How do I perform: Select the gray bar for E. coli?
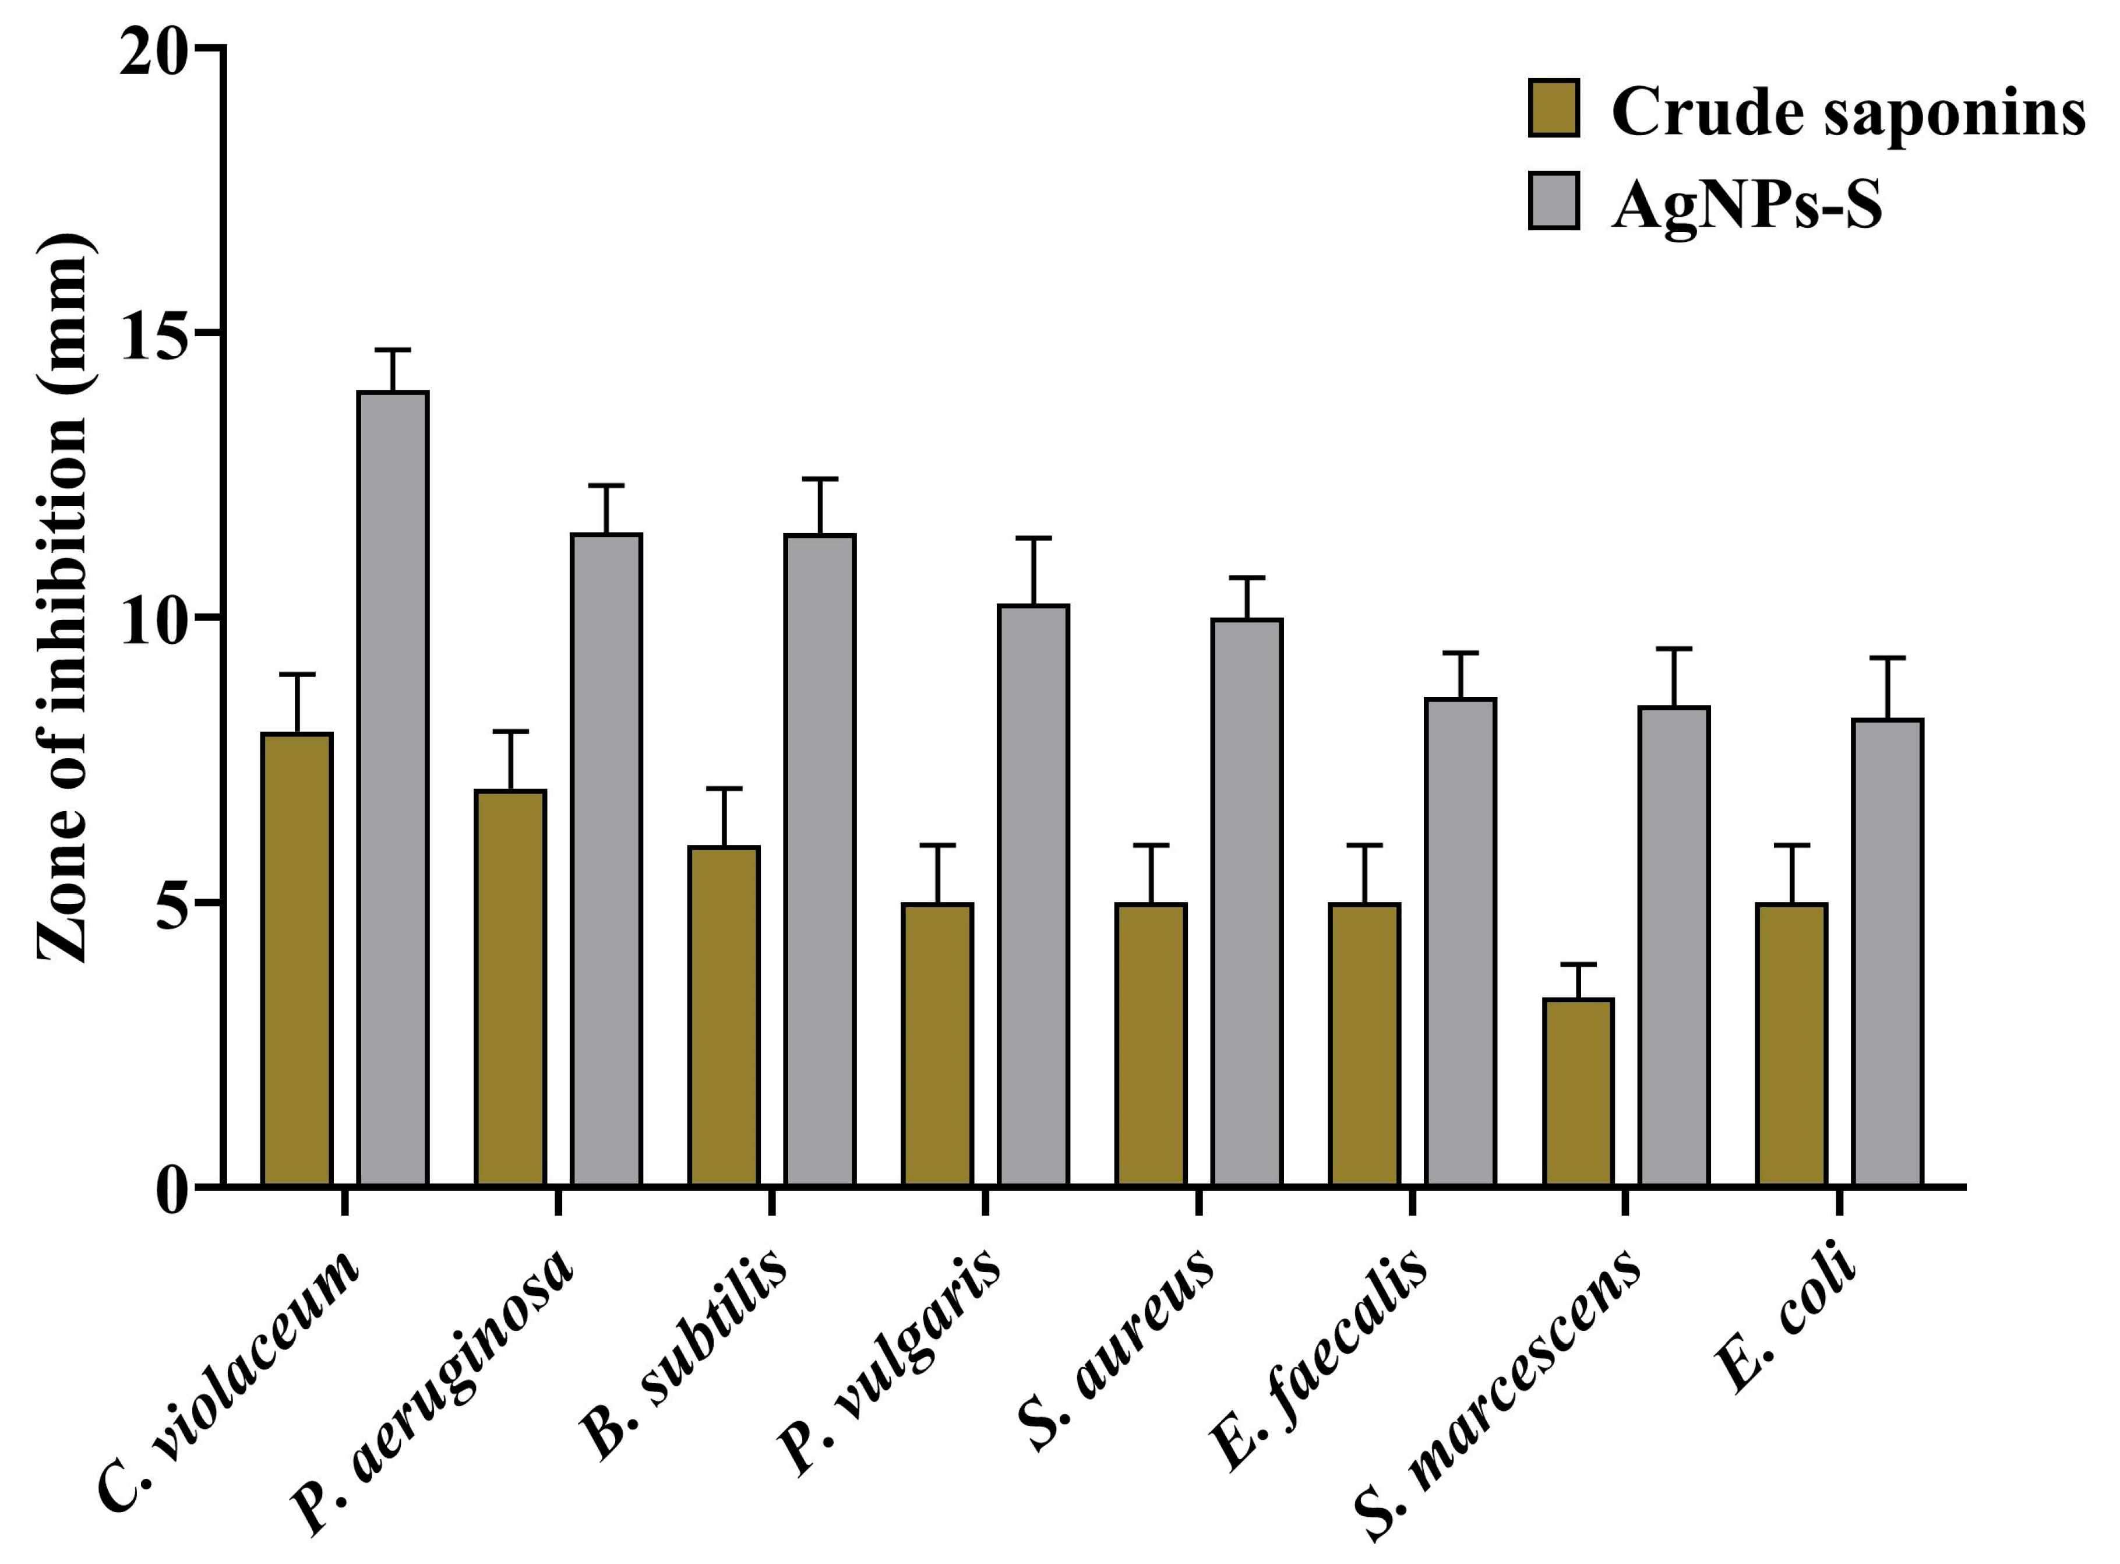1888,952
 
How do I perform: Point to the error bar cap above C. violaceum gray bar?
393,350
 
